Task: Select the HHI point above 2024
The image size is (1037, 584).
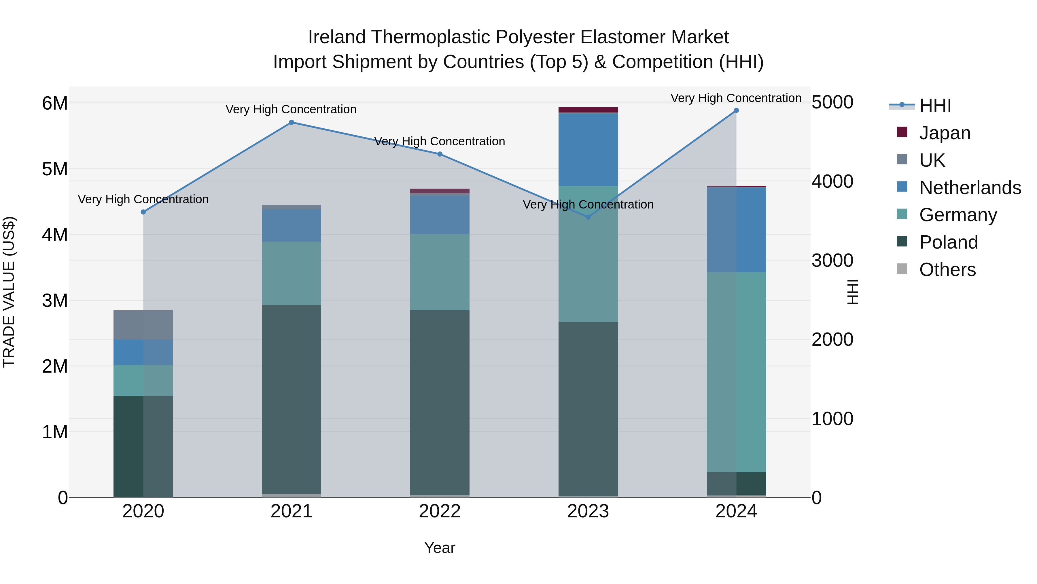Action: pos(736,110)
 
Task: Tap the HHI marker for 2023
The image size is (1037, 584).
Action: pos(588,217)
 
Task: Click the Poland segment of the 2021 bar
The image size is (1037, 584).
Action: pos(292,399)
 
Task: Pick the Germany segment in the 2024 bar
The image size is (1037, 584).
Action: pos(736,372)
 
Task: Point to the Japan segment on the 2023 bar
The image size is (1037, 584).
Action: pos(588,110)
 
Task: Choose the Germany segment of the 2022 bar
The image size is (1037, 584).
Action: pos(440,272)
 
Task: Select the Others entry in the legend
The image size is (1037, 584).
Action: pos(947,270)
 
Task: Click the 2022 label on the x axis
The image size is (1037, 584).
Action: pos(440,511)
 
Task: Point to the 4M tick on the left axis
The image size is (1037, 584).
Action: pos(55,234)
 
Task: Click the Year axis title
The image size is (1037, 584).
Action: pos(440,548)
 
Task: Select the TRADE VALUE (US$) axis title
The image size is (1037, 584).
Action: pos(9,292)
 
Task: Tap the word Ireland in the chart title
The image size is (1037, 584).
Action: pos(336,37)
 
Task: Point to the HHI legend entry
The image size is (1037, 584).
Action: pos(935,106)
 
